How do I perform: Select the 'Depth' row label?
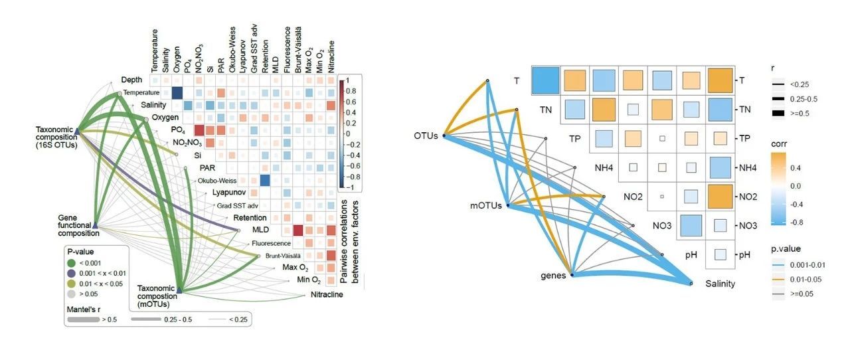click(132, 80)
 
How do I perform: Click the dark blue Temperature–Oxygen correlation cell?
click(177, 94)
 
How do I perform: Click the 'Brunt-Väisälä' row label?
click(280, 256)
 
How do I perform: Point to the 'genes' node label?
click(552, 275)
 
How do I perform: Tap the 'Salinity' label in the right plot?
click(720, 284)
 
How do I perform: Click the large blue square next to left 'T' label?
click(547, 80)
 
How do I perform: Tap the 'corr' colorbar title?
click(780, 142)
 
